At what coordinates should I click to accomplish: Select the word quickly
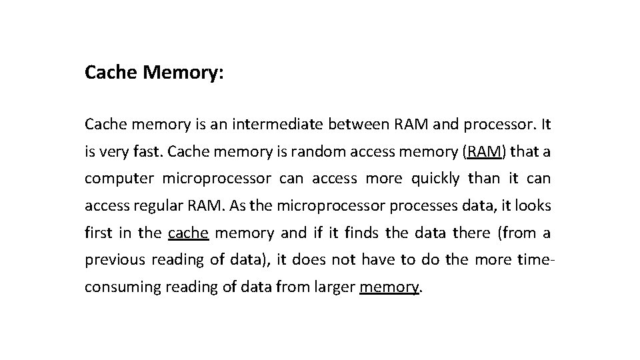point(435,179)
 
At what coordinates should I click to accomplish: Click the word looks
point(533,206)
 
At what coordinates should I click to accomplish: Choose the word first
point(99,233)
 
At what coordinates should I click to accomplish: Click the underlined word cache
point(189,233)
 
